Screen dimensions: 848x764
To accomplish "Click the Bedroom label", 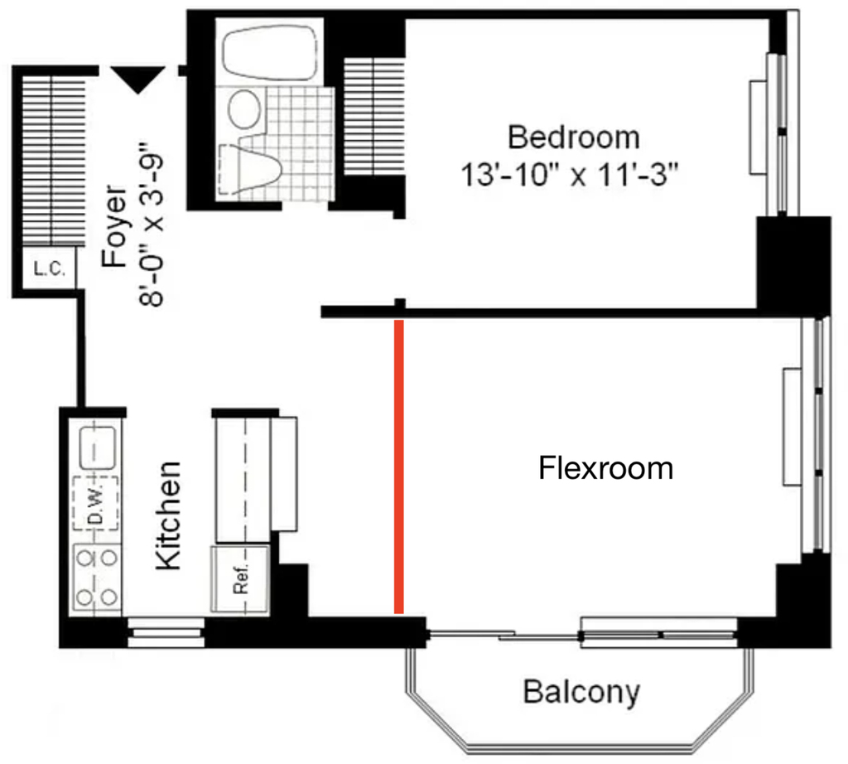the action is click(573, 138).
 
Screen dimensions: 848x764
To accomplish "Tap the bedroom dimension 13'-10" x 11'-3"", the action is click(569, 176).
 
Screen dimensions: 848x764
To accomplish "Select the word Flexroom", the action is click(605, 468).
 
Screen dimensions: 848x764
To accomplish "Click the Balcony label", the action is click(581, 693).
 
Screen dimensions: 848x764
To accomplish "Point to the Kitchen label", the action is click(168, 515).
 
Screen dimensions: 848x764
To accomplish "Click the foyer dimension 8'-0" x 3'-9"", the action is click(152, 225).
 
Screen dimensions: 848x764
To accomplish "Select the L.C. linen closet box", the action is click(49, 268).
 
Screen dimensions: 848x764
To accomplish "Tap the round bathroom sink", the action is click(244, 109).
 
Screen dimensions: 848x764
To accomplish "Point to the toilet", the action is click(250, 169).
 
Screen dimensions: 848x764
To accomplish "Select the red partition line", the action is click(398, 467).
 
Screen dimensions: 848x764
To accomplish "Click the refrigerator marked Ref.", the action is click(240, 579).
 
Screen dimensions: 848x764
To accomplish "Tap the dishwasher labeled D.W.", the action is click(96, 504).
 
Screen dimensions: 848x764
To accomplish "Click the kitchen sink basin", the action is click(98, 448).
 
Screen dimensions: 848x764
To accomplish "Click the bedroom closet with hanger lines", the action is click(374, 116).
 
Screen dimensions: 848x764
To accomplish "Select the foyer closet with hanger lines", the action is click(53, 161).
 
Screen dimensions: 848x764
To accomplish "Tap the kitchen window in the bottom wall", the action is click(166, 633).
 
